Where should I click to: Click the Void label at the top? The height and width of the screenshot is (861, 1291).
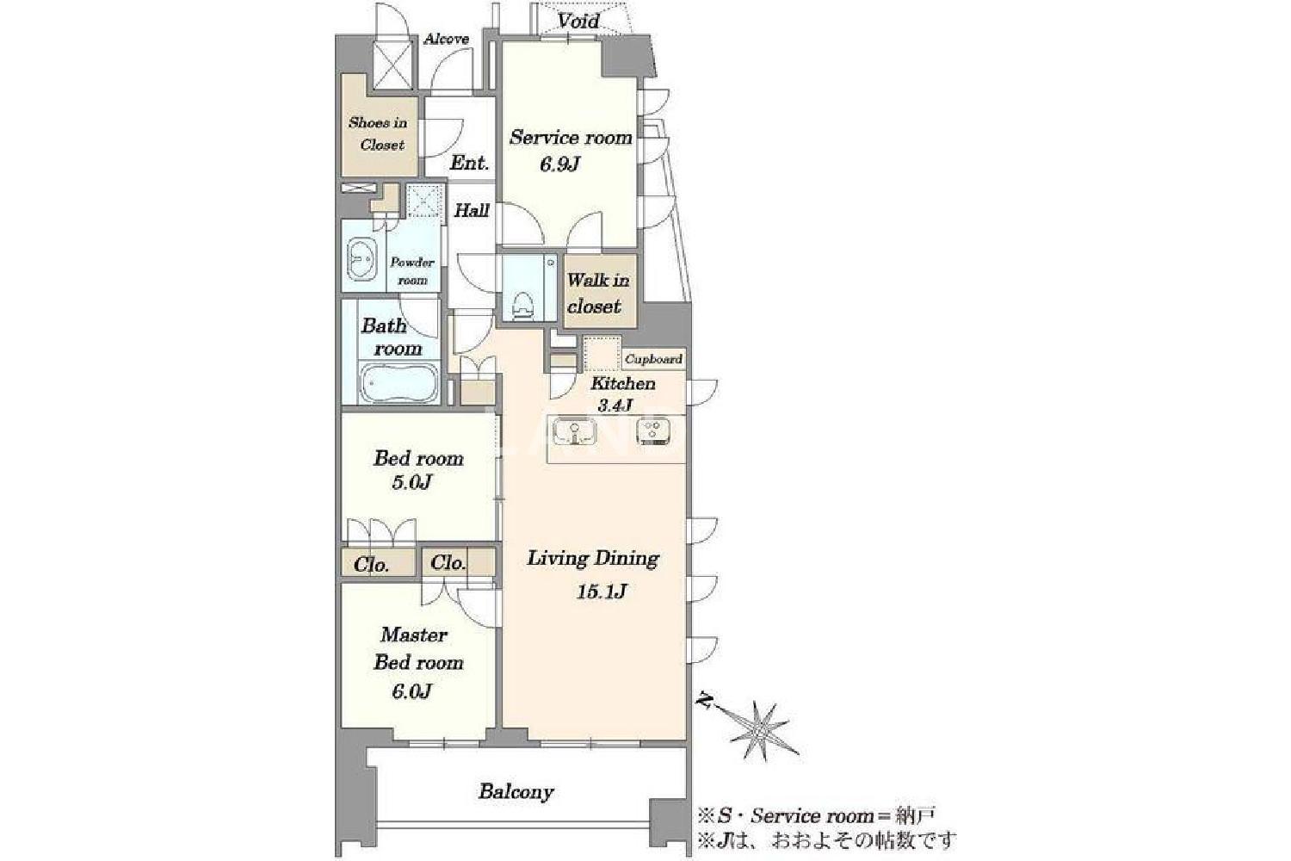578,22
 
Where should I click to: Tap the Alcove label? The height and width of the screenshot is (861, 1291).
447,40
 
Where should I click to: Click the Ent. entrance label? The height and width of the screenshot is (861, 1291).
469,163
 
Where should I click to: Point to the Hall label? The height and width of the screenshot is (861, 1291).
472,210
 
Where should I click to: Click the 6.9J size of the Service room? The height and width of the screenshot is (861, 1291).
559,165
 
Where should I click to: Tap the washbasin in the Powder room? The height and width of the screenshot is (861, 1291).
361,260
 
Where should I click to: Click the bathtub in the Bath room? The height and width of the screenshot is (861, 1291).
398,382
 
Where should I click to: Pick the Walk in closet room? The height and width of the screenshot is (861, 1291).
600,291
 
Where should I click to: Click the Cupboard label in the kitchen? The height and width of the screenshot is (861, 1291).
653,359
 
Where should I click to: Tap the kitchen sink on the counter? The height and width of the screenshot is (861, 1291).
575,432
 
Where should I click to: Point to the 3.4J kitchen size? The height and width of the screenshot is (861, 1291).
615,406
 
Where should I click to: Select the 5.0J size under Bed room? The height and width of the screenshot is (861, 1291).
411,482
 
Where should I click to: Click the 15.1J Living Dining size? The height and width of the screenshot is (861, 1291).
601,592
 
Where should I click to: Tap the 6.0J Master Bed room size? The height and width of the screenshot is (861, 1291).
411,691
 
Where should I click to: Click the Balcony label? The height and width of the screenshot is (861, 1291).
516,792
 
